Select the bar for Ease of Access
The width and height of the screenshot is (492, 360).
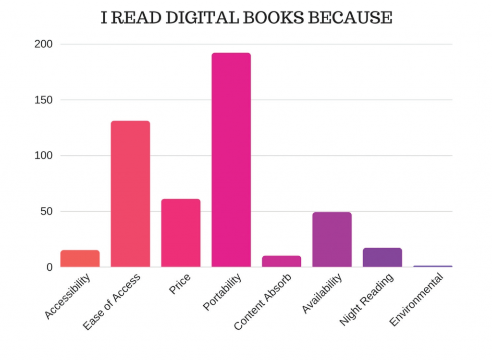coord(130,194)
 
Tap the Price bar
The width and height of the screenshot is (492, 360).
coord(181,233)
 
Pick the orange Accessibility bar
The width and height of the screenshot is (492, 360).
coord(80,258)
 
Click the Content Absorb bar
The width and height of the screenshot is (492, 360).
coord(282,261)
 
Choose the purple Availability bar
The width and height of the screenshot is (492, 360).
coord(332,240)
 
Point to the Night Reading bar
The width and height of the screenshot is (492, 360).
coord(382,257)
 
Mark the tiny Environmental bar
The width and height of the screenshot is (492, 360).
coord(432,266)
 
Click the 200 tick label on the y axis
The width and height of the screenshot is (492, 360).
coord(43,44)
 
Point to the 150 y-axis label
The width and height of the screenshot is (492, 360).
coord(43,100)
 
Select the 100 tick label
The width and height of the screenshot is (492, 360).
coord(43,156)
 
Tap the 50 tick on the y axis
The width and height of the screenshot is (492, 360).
coord(46,211)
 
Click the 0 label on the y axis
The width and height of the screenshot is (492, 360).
coord(49,267)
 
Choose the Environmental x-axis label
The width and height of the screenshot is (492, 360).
coord(417,299)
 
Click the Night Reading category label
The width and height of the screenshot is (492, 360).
coord(367,300)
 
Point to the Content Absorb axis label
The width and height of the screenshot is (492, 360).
coord(263,302)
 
